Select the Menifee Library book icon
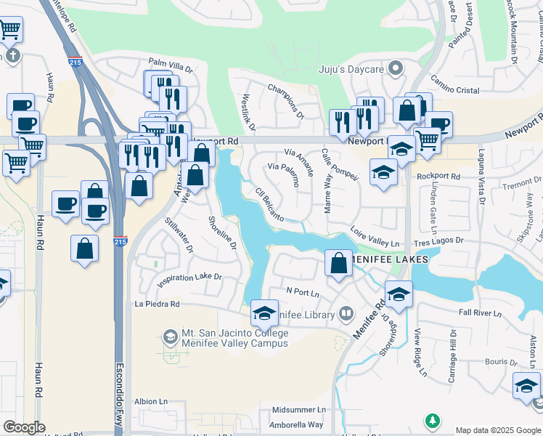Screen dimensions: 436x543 pos(346,314)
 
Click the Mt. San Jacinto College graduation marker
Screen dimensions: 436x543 pos(170,336)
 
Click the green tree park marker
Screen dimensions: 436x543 pos(433,421)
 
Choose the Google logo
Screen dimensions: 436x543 pos(24,427)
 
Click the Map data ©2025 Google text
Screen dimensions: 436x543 pos(497,430)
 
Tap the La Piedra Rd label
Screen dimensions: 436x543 pos(156,304)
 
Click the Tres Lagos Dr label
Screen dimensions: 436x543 pos(438,241)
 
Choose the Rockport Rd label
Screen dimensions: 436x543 pos(438,176)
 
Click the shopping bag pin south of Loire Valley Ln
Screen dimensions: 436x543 pos(338,262)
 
